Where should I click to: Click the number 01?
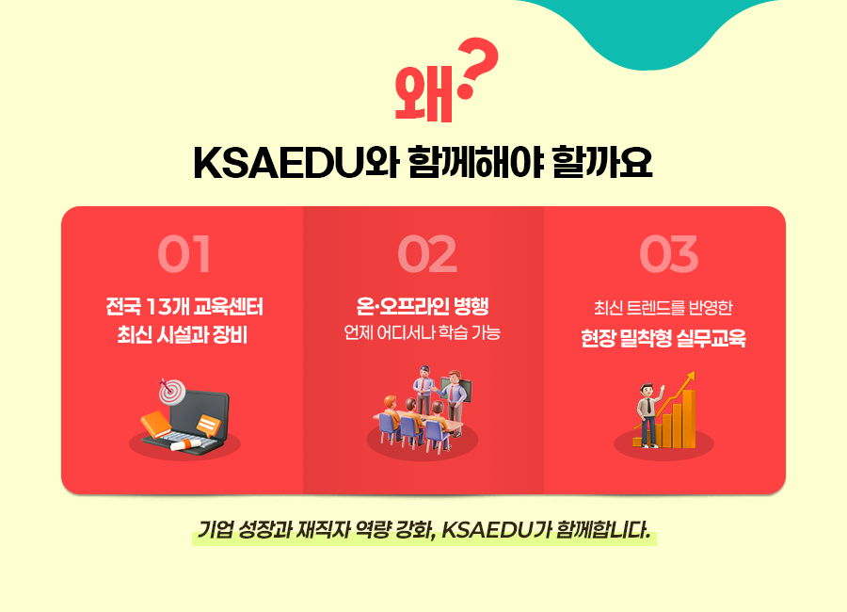184,254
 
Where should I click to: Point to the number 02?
426,254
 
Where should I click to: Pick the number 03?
668,254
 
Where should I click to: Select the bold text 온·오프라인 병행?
423,307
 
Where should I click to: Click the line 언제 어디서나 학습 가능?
423,333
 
